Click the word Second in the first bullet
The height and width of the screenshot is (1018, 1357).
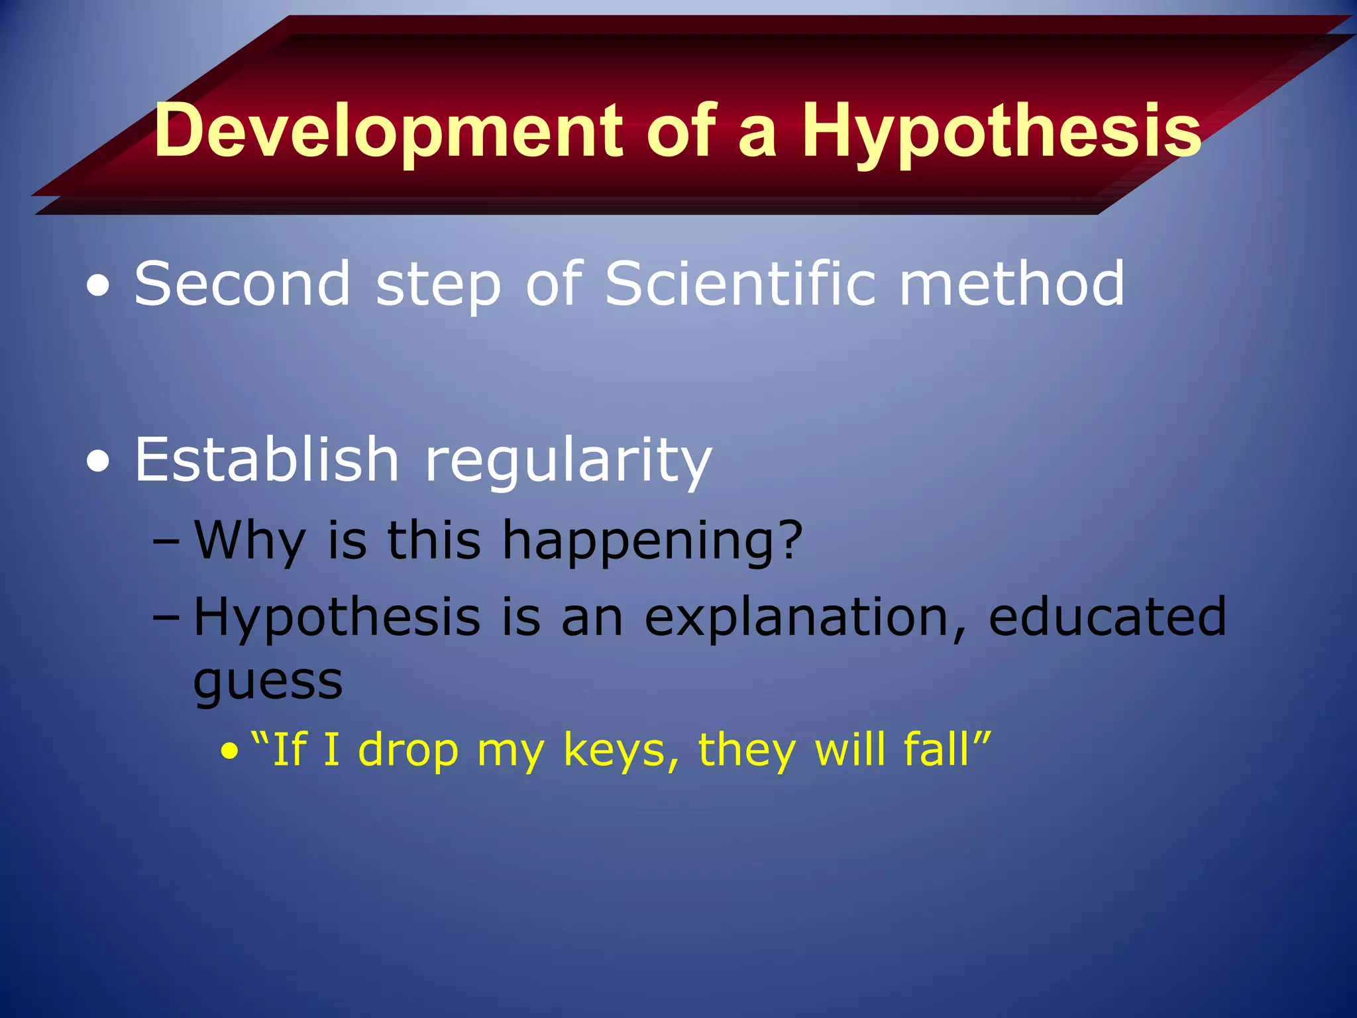243,284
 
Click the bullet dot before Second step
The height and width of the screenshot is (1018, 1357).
99,287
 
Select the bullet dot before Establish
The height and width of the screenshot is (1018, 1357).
99,462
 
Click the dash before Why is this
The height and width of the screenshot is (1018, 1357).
166,541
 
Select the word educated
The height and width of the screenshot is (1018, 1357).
1107,616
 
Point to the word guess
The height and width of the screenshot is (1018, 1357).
268,683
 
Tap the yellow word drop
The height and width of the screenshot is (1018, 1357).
408,752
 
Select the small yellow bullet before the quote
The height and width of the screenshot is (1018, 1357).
229,752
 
